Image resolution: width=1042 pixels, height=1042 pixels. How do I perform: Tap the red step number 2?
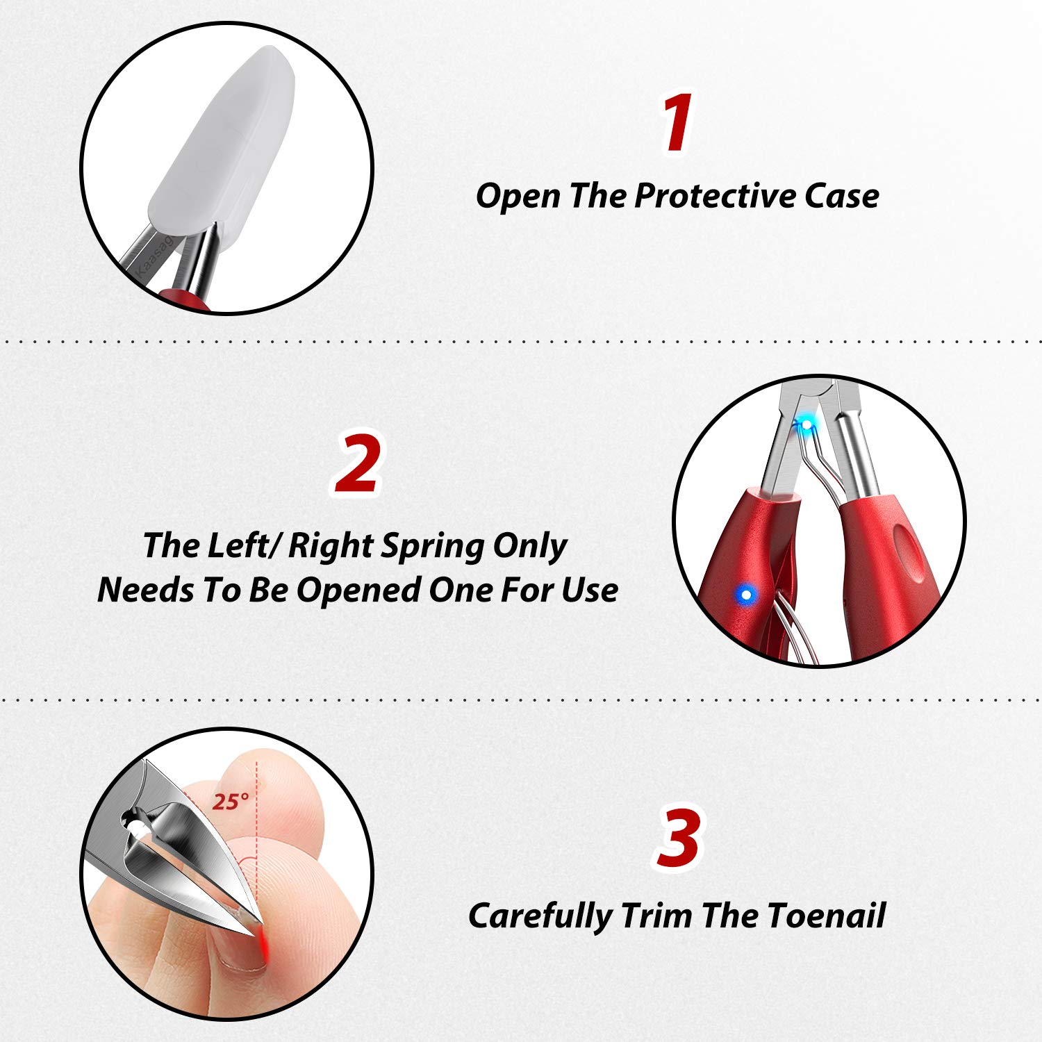[x=358, y=463]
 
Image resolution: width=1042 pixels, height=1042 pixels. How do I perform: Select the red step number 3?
[x=678, y=837]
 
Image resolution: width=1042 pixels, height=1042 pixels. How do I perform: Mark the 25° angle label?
[x=231, y=802]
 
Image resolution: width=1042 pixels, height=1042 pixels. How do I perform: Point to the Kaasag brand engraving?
[x=155, y=256]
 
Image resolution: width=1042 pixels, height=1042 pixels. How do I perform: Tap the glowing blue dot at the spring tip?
[x=807, y=423]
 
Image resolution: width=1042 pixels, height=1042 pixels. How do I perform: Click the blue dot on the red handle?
[x=746, y=595]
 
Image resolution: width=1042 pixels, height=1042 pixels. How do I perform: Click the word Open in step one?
[x=518, y=197]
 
